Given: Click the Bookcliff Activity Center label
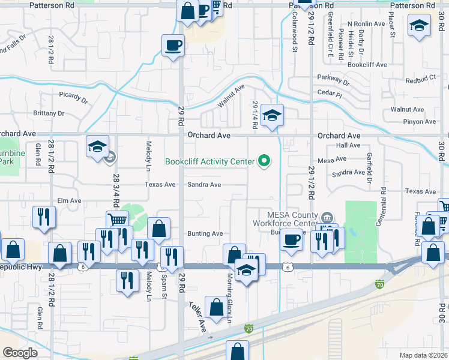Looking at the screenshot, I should point(209,161).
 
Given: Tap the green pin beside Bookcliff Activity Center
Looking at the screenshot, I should point(263,161).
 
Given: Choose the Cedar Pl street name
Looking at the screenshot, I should point(330,94).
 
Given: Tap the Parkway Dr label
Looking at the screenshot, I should point(333,79).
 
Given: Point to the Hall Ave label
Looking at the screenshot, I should point(348,145).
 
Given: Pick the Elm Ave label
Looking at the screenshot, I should point(68,200).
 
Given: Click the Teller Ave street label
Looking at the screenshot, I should point(198,317).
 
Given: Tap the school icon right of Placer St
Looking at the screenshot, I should point(419,26).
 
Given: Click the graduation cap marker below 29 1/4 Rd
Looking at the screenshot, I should point(272,115).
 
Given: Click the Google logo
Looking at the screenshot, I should point(20,353).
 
